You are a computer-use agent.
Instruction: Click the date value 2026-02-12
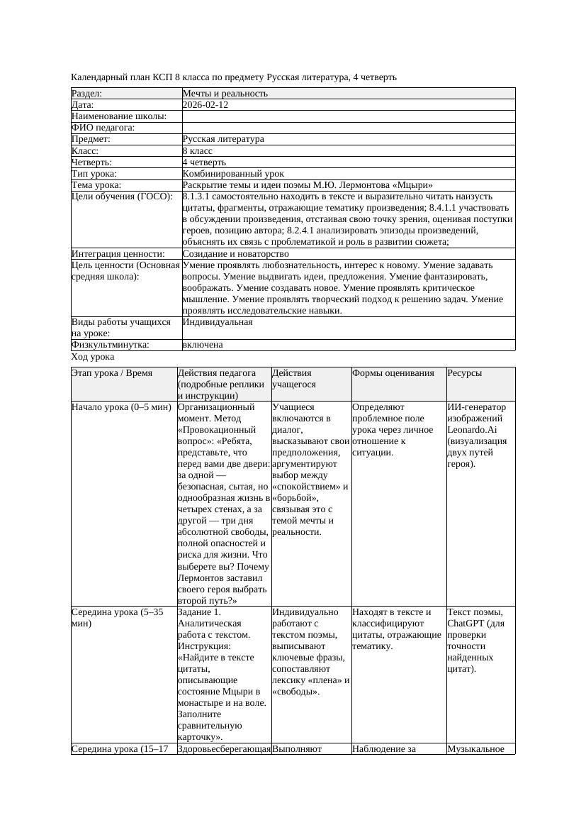coord(205,105)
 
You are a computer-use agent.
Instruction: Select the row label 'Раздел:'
coord(87,94)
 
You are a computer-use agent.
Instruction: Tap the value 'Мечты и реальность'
coord(225,94)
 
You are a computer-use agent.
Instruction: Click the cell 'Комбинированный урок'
coord(233,174)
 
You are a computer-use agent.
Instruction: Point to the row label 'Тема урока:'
coord(96,185)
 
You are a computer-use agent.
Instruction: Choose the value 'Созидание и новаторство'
coord(235,254)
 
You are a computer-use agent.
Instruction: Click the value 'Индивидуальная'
coord(218,322)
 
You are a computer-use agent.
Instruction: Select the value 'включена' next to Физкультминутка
coord(203,345)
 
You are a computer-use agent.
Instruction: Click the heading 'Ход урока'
coord(93,358)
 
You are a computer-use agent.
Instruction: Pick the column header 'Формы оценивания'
coord(393,373)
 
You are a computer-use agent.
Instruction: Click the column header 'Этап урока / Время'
coord(112,373)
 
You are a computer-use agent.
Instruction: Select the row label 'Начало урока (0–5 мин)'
coord(121,408)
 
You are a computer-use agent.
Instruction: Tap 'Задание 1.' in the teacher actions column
coord(199,612)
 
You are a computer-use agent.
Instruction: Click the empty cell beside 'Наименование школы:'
coord(348,116)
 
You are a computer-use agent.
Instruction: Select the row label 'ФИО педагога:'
coord(103,128)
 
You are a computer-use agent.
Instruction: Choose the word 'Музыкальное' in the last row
coord(475,749)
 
